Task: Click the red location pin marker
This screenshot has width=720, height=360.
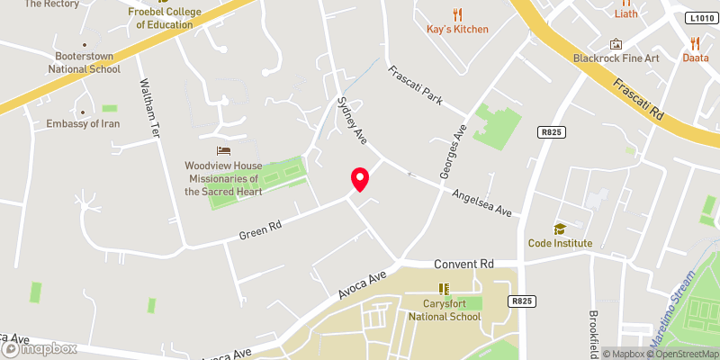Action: click(x=359, y=178)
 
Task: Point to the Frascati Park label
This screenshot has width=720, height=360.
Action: click(x=415, y=85)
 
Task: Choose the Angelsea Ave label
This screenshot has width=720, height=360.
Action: click(x=481, y=203)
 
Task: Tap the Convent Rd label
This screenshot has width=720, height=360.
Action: click(x=463, y=264)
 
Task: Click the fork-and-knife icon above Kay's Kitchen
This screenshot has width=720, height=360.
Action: click(x=457, y=13)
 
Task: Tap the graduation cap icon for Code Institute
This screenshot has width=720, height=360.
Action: click(x=559, y=229)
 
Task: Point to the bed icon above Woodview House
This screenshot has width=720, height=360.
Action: click(x=223, y=150)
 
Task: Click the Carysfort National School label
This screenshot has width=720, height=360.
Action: click(x=443, y=310)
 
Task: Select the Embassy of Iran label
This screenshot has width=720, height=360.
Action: click(x=84, y=123)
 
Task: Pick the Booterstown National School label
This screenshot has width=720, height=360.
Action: click(x=84, y=61)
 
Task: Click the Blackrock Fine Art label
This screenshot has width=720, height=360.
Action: click(x=616, y=58)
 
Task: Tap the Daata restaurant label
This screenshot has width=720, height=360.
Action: click(x=695, y=57)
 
